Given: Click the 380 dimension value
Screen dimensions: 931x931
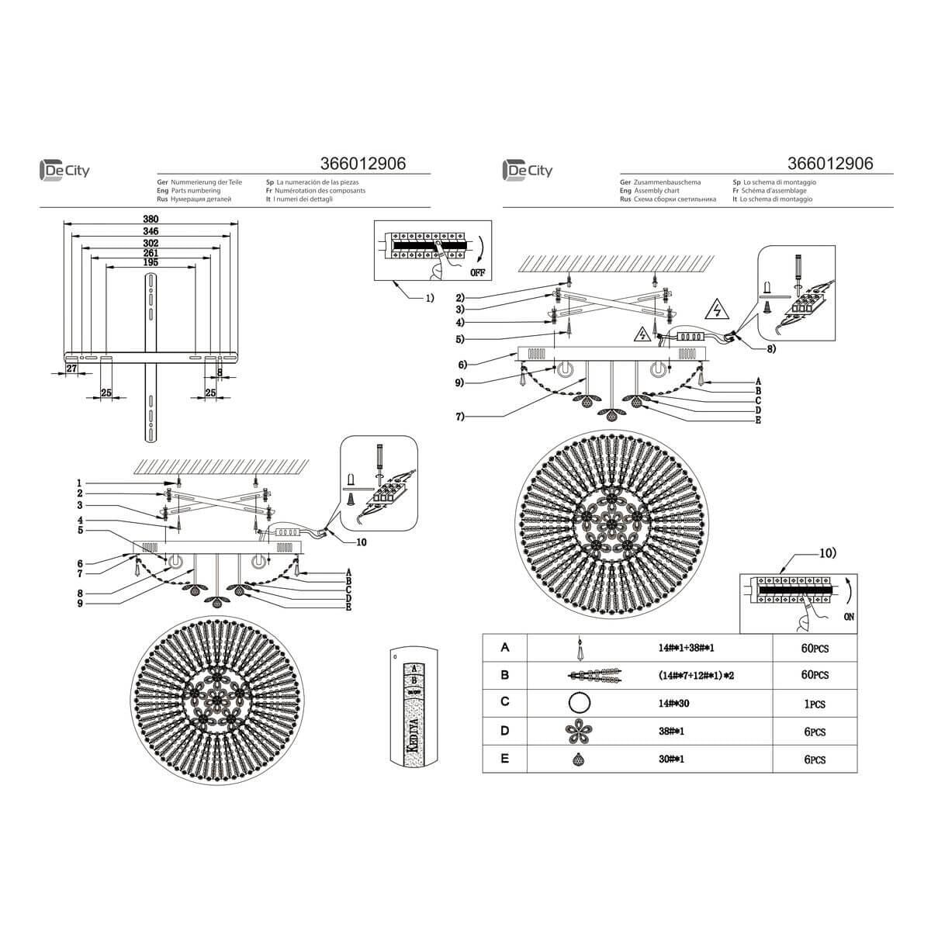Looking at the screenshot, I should pyautogui.click(x=151, y=220).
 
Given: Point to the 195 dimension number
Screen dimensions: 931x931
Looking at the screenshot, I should pyautogui.click(x=151, y=263).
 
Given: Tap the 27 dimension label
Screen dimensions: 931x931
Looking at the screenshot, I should pyautogui.click(x=71, y=369).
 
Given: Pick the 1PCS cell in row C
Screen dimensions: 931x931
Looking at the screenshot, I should pyautogui.click(x=814, y=704).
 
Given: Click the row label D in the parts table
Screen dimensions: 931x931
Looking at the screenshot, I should pyautogui.click(x=505, y=730).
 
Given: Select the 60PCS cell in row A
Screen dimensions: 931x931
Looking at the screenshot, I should pyautogui.click(x=814, y=648).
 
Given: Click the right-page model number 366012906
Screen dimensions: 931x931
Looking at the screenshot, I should pyautogui.click(x=830, y=164).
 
